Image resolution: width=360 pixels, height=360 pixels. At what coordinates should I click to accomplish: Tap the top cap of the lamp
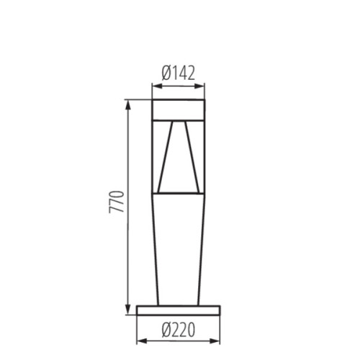(x=179, y=109)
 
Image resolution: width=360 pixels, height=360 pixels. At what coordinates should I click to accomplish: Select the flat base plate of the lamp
(x=179, y=310)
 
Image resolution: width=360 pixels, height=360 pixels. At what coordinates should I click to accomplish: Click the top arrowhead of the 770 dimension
(x=128, y=103)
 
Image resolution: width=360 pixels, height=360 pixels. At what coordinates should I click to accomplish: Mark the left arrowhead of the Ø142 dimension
(x=155, y=85)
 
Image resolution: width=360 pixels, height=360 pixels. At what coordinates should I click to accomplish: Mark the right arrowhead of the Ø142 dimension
(x=202, y=85)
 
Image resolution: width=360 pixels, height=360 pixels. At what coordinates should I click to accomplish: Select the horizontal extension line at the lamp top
(x=138, y=99)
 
